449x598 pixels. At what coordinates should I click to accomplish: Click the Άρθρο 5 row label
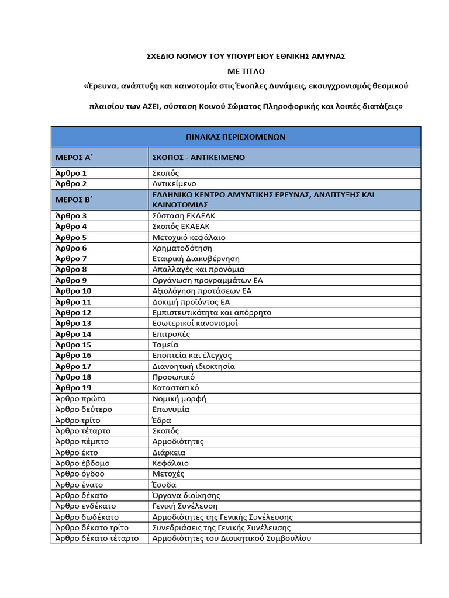coord(71,238)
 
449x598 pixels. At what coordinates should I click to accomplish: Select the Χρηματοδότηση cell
coord(182,248)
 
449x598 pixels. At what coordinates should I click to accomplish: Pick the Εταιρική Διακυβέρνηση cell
coord(196,259)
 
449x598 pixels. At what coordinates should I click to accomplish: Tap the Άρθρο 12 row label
coord(73,312)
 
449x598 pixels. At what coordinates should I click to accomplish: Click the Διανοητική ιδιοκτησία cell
coord(194,366)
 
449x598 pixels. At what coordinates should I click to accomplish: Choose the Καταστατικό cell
coord(175,388)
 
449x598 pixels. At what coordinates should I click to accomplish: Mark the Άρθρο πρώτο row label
coord(80,399)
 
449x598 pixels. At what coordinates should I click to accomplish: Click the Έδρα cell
coord(162,420)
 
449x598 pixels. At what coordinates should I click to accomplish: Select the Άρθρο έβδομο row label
coord(82,463)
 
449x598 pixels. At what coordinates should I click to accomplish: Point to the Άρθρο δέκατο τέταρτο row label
coord(97,538)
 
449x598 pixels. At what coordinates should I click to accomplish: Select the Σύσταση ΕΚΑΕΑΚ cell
coord(184,216)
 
